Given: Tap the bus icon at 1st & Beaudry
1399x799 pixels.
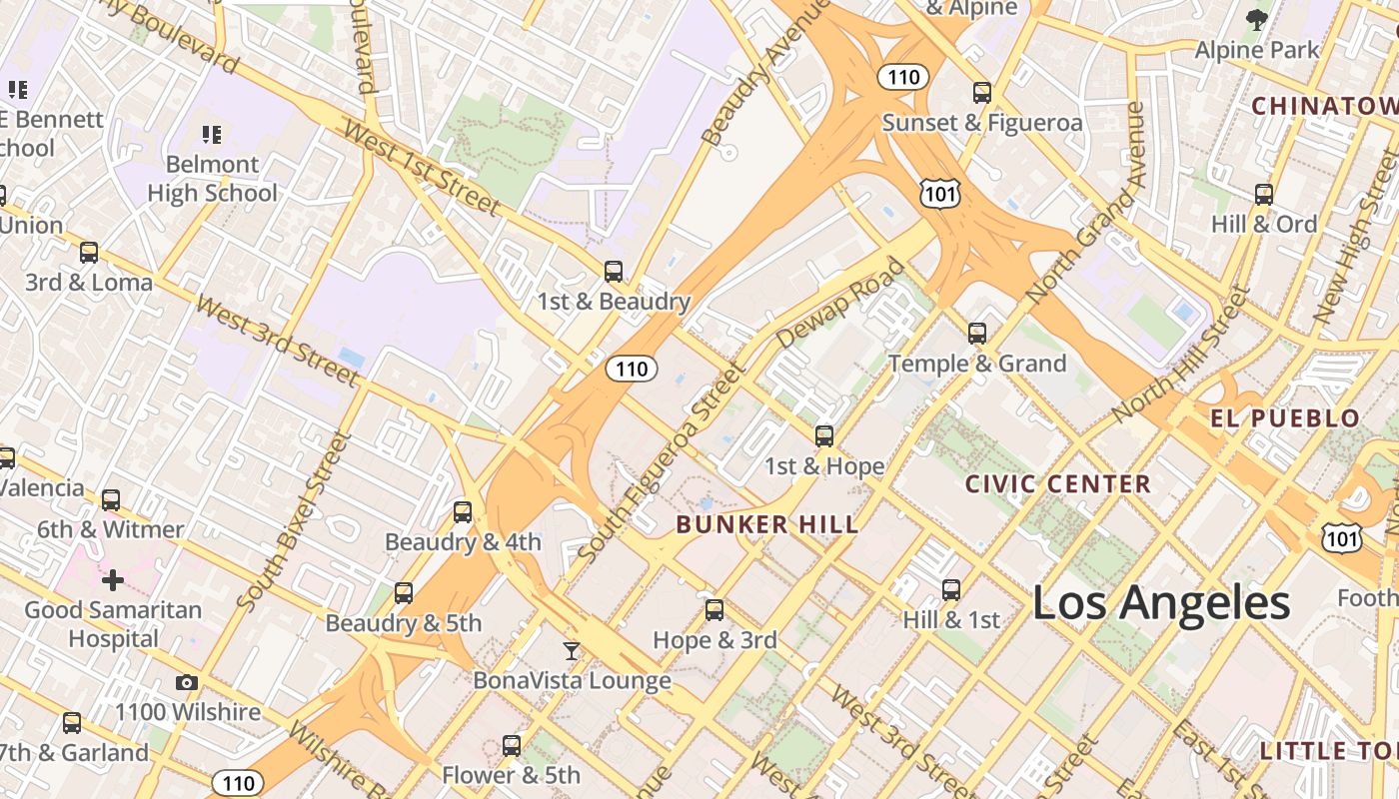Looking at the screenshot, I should click(614, 272).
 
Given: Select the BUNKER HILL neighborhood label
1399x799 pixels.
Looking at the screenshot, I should click(766, 524).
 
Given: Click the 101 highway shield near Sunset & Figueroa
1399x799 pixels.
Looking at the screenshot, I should click(940, 193).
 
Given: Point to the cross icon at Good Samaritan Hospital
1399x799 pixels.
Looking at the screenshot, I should click(113, 579).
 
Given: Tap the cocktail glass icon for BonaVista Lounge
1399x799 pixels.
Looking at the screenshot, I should click(571, 651).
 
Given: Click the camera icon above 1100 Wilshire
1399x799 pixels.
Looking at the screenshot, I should click(187, 683).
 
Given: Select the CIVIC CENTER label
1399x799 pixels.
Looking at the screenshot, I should click(1058, 484).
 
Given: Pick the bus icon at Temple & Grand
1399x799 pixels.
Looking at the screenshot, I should click(977, 334).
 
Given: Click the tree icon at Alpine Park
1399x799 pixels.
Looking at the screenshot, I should click(1257, 18).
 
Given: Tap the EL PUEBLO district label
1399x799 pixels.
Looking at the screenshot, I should click(1285, 418).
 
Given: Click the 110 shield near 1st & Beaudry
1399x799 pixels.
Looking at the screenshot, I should click(632, 369).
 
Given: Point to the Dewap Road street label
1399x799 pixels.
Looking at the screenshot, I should click(839, 304).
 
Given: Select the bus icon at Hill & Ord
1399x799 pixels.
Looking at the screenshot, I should click(1264, 195).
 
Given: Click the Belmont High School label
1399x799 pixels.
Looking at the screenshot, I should click(212, 179).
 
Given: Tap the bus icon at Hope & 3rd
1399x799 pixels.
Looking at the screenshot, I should click(714, 610).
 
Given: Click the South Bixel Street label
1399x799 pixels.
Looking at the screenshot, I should click(296, 520).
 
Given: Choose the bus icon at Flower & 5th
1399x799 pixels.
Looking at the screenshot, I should click(512, 745).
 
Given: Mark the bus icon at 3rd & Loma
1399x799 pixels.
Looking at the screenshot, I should click(89, 253).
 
